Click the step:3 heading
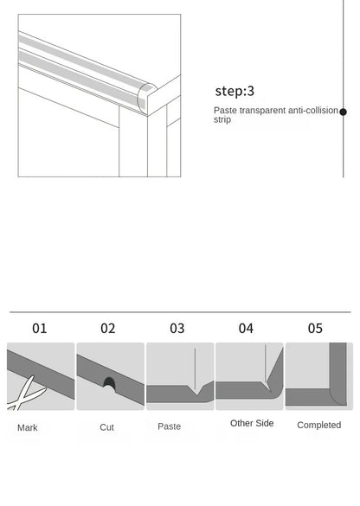click(235, 91)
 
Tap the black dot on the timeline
click(343, 112)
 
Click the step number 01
click(40, 329)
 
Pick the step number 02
click(108, 329)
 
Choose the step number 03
click(177, 329)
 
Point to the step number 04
click(246, 329)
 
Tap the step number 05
click(315, 329)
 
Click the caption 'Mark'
click(28, 427)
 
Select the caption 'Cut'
click(106, 427)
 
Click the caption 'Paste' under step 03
click(170, 426)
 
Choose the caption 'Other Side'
click(252, 423)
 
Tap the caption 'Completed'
click(318, 425)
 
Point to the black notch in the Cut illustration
click(109, 382)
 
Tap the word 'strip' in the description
click(222, 120)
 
